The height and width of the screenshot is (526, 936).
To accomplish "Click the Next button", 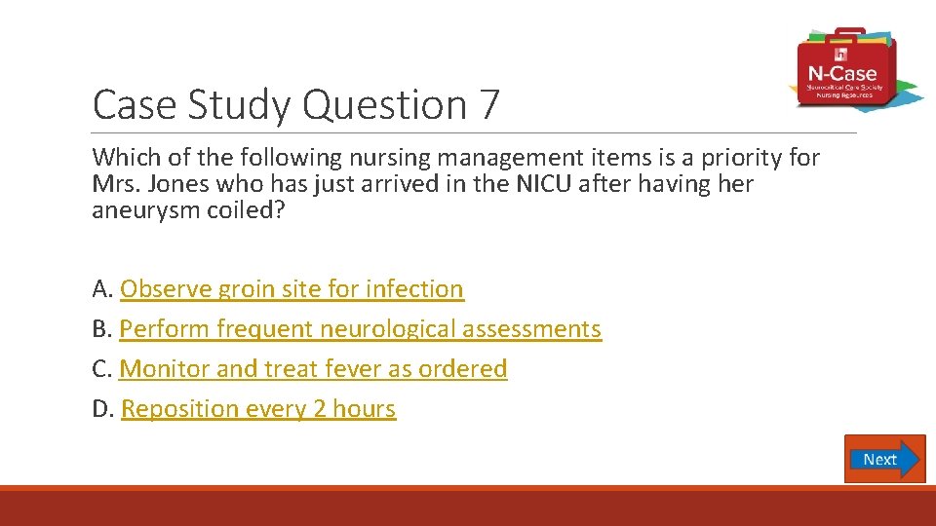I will point(883,459).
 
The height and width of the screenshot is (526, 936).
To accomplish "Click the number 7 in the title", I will point(488,105).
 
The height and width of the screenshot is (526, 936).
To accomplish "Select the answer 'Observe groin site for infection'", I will point(292,289).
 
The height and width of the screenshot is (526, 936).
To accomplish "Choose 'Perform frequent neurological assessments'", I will point(360,329).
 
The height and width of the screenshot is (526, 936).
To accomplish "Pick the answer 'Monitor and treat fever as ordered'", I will point(313,369).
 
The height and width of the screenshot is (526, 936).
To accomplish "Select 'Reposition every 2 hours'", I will point(258,409).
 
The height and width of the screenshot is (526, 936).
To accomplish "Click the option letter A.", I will point(101,289).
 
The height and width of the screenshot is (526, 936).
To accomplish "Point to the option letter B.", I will point(101,329).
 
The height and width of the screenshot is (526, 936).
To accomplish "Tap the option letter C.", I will point(101,369).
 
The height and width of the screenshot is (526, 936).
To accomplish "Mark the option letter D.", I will point(102,409).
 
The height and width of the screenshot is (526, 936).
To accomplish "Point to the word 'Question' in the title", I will point(385,105).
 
